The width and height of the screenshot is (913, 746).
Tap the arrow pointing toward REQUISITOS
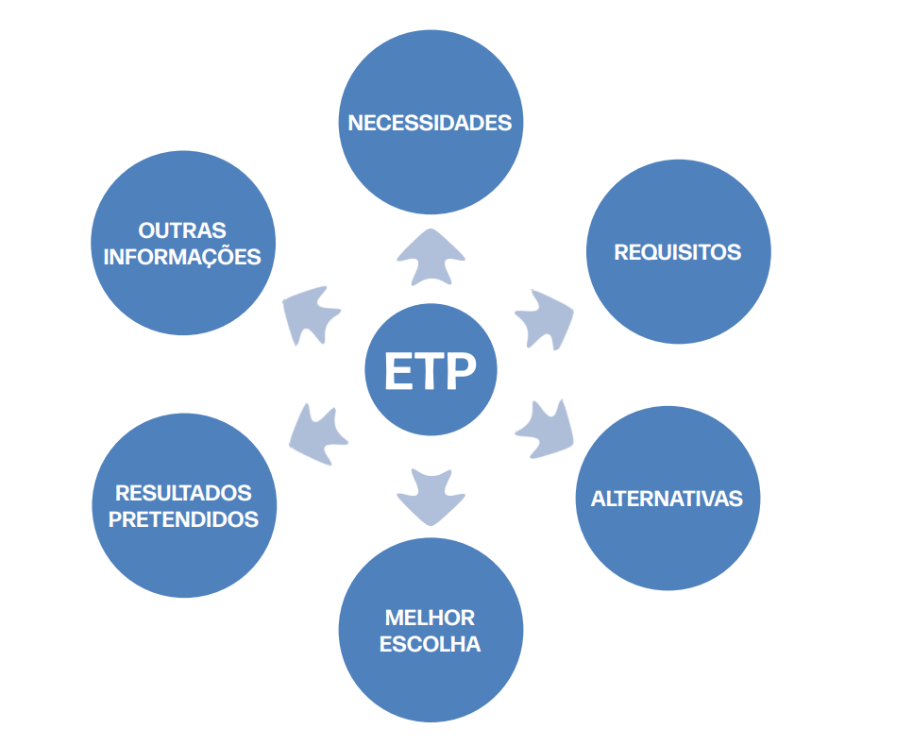(545, 317)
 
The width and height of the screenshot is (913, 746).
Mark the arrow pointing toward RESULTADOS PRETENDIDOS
(316, 433)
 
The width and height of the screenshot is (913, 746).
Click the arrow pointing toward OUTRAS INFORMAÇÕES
(314, 314)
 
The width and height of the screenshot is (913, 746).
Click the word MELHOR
(430, 619)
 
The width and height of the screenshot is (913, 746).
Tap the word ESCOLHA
(430, 645)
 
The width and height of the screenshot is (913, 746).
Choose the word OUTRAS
(182, 230)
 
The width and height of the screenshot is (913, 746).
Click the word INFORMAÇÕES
(182, 257)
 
